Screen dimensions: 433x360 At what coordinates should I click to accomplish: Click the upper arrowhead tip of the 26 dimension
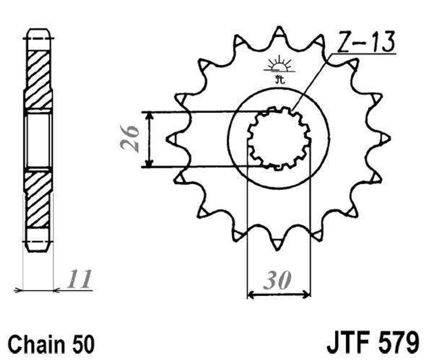click(x=149, y=112)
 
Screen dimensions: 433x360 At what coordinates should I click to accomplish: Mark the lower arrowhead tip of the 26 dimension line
click(x=149, y=167)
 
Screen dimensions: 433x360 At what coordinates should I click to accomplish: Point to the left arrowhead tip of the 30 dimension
click(x=247, y=295)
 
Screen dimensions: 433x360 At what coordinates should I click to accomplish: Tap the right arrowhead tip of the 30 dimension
click(x=310, y=295)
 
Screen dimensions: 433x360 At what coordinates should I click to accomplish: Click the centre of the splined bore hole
click(x=279, y=138)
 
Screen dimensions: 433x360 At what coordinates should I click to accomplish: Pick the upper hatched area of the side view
click(x=38, y=79)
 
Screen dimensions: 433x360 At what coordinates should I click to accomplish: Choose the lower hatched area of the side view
click(x=38, y=199)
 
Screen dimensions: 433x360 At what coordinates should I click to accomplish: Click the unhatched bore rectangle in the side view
click(x=38, y=140)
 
